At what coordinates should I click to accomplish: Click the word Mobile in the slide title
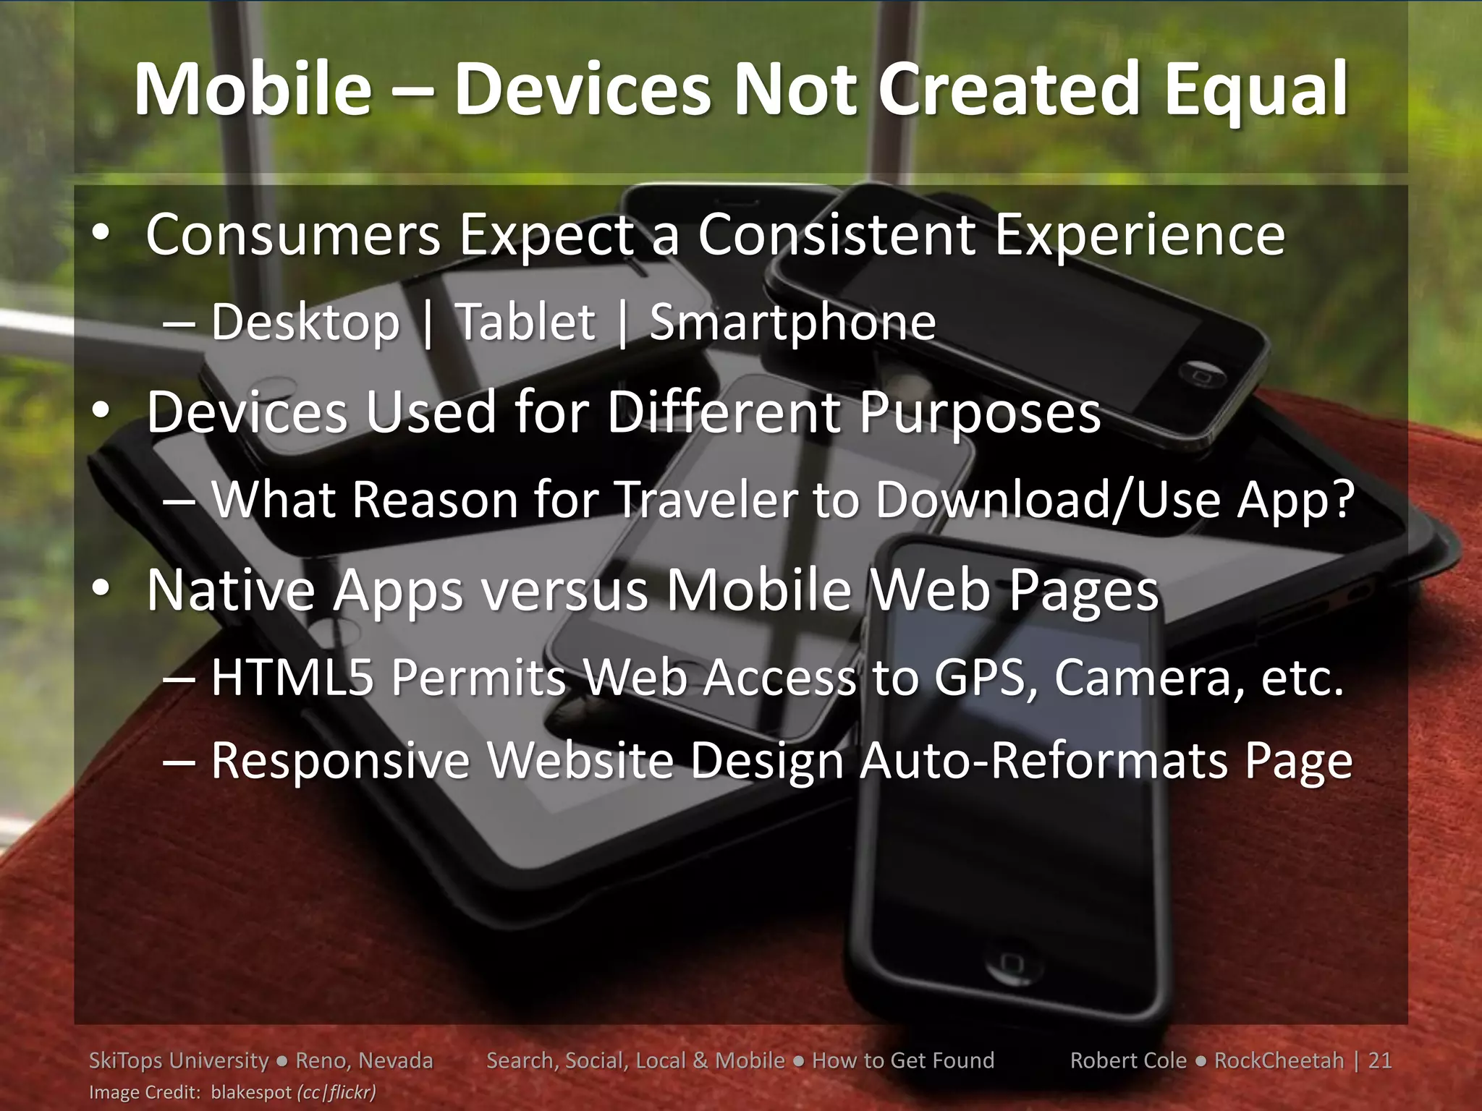click(x=253, y=90)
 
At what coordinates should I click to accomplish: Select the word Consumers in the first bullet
click(x=293, y=235)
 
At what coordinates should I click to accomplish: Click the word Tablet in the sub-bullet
click(x=525, y=322)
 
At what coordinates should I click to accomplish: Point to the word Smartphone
click(x=792, y=323)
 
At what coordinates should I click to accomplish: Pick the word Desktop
click(x=305, y=323)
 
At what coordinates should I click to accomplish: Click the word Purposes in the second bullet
click(x=980, y=413)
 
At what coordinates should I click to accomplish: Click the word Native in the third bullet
click(x=230, y=590)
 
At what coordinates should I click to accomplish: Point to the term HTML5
click(x=292, y=678)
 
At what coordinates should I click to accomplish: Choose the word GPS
click(x=986, y=678)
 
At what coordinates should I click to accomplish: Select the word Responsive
click(x=340, y=761)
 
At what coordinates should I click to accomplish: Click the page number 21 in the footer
click(x=1380, y=1060)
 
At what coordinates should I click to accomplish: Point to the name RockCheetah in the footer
click(x=1279, y=1060)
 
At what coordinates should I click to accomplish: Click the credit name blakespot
click(x=250, y=1092)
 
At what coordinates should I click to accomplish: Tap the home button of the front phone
click(x=1011, y=961)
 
